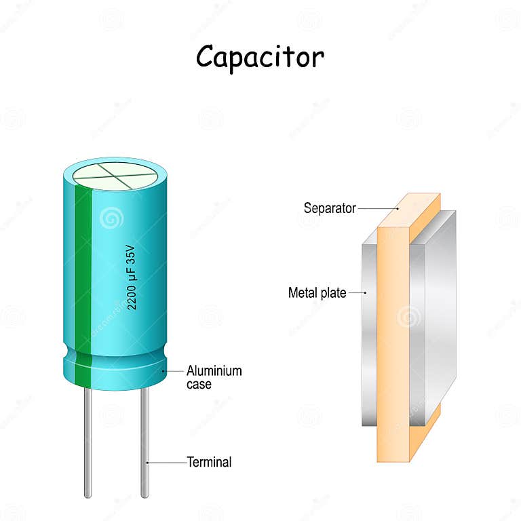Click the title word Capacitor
click(260, 58)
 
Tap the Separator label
click(330, 208)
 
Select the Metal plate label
click(317, 293)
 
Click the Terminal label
click(209, 463)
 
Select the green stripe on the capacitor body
click(83, 271)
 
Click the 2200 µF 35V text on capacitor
click(133, 275)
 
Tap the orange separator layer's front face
click(392, 339)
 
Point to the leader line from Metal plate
click(358, 293)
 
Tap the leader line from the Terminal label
click(166, 463)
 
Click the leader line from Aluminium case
click(174, 371)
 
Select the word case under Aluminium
click(199, 384)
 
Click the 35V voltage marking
click(133, 256)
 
